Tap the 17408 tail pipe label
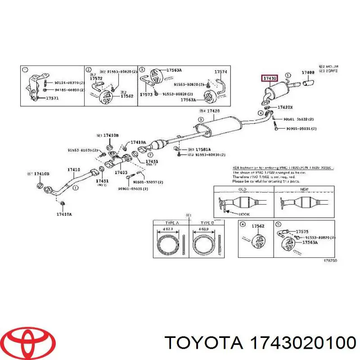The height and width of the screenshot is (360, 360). point(308,72)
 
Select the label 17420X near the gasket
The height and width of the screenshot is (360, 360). point(285,108)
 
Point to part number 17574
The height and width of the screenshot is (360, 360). point(220,72)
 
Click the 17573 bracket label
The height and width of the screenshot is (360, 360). point(146,94)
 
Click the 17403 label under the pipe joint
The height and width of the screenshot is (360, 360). point(121,172)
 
